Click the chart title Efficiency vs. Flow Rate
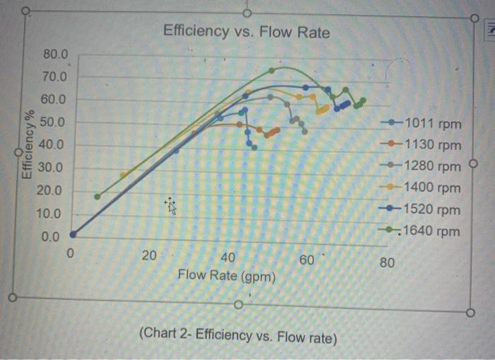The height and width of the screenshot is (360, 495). (x=246, y=32)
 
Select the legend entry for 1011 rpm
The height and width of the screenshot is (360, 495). (x=425, y=124)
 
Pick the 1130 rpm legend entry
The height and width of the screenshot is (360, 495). (x=425, y=145)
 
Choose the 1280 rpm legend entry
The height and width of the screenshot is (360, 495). (x=425, y=167)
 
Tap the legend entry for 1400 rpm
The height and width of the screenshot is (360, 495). (x=425, y=188)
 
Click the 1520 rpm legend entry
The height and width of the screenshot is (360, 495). (x=425, y=210)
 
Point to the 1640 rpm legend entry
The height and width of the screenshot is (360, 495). (x=425, y=231)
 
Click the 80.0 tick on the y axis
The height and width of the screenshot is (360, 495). (x=57, y=54)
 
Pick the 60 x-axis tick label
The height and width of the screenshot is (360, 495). (x=307, y=260)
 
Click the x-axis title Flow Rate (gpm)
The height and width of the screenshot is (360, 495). (x=226, y=274)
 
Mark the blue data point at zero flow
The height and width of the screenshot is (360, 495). (x=73, y=234)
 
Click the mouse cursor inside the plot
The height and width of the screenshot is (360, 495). (x=170, y=205)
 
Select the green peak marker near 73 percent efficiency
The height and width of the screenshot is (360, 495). (x=272, y=70)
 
